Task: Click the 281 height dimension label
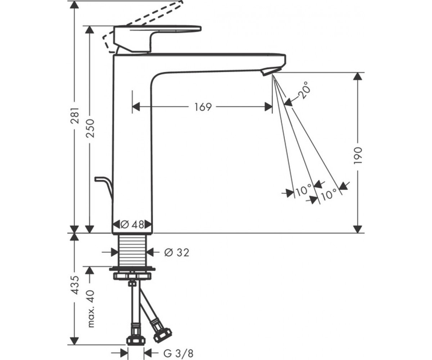pyautogui.click(x=75, y=115)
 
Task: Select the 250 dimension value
pyautogui.click(x=90, y=128)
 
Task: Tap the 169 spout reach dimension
pyautogui.click(x=203, y=107)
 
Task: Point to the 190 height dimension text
pyautogui.click(x=358, y=156)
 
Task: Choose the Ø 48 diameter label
pyautogui.click(x=132, y=224)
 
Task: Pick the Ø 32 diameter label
pyautogui.click(x=177, y=252)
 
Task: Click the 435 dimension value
pyautogui.click(x=75, y=285)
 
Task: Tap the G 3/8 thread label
pyautogui.click(x=178, y=354)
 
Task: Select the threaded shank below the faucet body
pyautogui.click(x=132, y=249)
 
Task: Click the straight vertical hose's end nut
pyautogui.click(x=136, y=340)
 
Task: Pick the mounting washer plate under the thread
pyautogui.click(x=132, y=269)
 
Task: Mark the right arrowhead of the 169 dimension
pyautogui.click(x=269, y=107)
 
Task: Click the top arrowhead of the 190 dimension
pyautogui.click(x=358, y=77)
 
